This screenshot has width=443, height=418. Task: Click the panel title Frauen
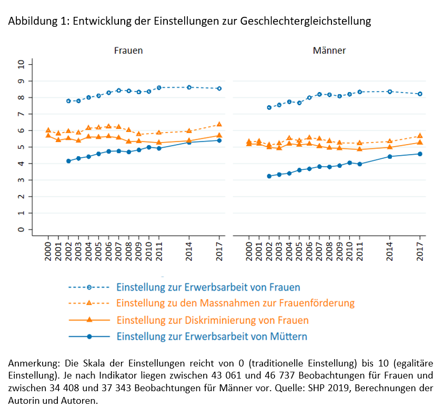pyautogui.click(x=128, y=50)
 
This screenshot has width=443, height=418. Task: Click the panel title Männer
pyautogui.click(x=329, y=50)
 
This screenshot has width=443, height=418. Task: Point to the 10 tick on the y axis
pyautogui.click(x=21, y=64)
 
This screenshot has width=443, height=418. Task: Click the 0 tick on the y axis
pyautogui.click(x=21, y=230)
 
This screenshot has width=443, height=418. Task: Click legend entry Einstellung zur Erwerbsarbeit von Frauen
pyautogui.click(x=208, y=288)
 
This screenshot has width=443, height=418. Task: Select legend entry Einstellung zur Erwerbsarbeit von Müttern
pyautogui.click(x=212, y=337)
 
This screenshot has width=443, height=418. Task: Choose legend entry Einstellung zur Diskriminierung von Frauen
pyautogui.click(x=213, y=320)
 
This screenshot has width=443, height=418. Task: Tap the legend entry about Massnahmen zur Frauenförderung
pyautogui.click(x=235, y=303)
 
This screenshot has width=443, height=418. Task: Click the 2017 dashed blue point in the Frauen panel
pyautogui.click(x=219, y=88)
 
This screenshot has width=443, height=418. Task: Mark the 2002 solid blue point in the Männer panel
pyautogui.click(x=269, y=176)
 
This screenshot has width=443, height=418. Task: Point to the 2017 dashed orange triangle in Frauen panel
pyautogui.click(x=219, y=125)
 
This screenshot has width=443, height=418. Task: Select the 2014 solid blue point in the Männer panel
pyautogui.click(x=390, y=156)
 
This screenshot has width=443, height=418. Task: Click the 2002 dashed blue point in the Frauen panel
pyautogui.click(x=68, y=101)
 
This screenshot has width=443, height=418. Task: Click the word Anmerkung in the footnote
pyautogui.click(x=33, y=363)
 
